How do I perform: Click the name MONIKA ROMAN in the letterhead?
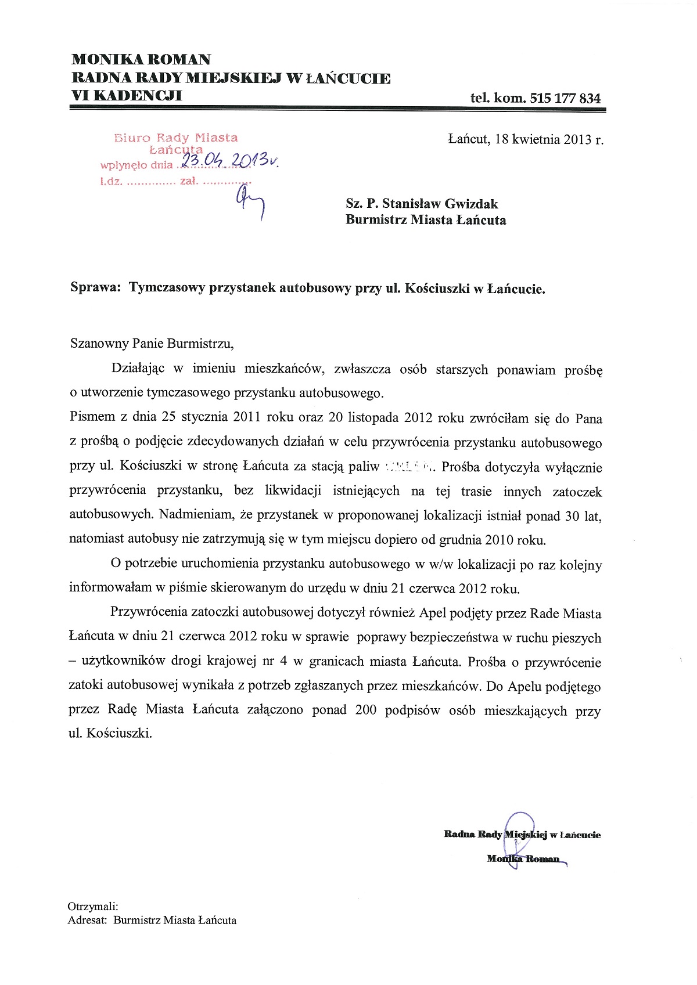click(x=141, y=59)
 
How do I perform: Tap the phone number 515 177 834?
click(x=566, y=98)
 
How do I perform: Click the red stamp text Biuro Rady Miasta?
click(x=177, y=138)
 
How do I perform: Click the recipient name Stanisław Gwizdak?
click(x=440, y=204)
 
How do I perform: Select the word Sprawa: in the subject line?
click(x=95, y=288)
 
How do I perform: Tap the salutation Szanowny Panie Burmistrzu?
click(x=151, y=343)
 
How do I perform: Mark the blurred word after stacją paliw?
click(x=409, y=467)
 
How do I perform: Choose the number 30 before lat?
click(x=572, y=516)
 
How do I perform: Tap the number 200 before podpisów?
click(x=366, y=710)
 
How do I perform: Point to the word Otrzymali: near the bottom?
click(x=93, y=907)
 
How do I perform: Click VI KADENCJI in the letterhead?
click(x=127, y=96)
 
